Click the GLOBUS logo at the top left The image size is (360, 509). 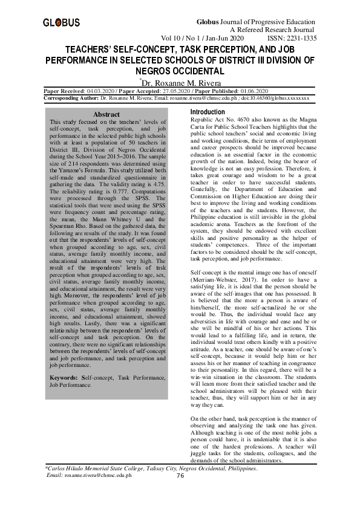coord(61,22)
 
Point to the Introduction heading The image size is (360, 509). coord(208,113)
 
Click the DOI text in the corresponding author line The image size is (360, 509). coord(278,97)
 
